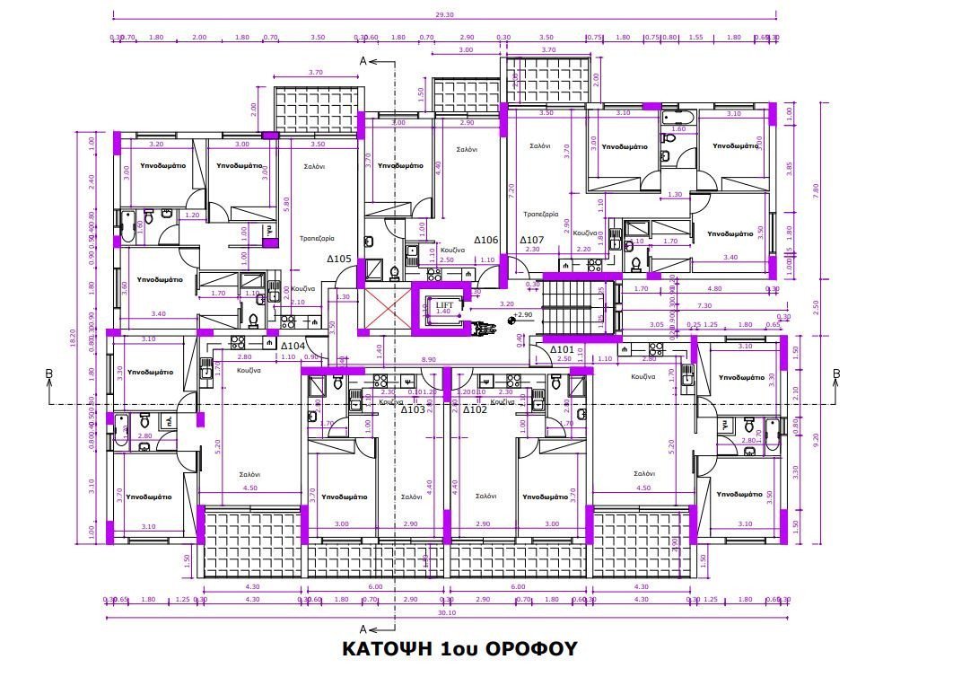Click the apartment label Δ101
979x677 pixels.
(x=562, y=349)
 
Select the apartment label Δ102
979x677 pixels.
(x=475, y=409)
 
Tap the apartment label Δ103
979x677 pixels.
(x=413, y=409)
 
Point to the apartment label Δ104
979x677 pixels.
(x=293, y=346)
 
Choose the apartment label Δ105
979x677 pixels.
(x=338, y=259)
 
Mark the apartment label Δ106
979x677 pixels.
(x=485, y=240)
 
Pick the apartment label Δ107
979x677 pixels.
(x=532, y=240)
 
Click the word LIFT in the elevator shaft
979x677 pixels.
(x=445, y=305)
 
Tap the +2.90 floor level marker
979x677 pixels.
(x=523, y=316)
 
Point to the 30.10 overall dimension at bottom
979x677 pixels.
(x=447, y=615)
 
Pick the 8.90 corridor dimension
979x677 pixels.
(x=430, y=360)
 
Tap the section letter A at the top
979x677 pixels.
(x=363, y=61)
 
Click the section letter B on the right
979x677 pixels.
(x=835, y=374)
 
